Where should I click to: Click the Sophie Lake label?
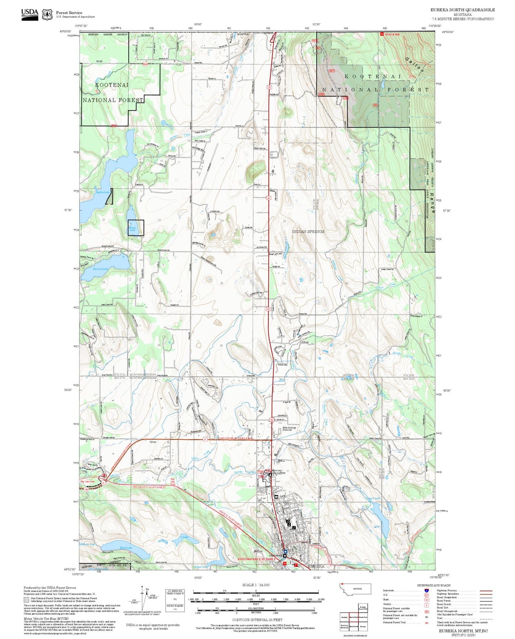tap(103, 192)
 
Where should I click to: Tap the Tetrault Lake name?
tap(101, 269)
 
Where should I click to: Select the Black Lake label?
tap(126, 548)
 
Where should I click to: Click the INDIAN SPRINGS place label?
tap(308, 232)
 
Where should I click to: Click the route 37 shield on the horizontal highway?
tap(205, 440)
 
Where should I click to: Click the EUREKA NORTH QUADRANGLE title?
tap(462, 10)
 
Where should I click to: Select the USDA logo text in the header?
tap(30, 12)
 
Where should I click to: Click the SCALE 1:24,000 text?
tap(256, 585)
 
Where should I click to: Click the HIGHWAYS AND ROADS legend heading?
tap(434, 585)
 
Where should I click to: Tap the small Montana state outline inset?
tap(356, 589)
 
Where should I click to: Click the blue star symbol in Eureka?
tap(285, 551)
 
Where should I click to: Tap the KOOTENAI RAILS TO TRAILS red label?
tap(257, 559)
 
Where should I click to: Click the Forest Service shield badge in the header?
tap(47, 14)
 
